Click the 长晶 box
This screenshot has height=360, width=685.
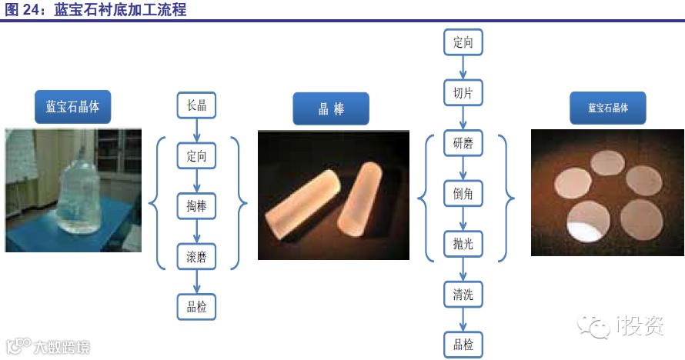coord(196,105)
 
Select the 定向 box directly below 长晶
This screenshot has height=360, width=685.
coord(196,156)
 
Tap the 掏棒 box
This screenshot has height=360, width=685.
coord(196,206)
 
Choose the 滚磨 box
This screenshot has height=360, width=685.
coord(196,256)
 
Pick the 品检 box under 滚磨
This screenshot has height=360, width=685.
coord(196,307)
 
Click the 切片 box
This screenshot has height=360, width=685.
coord(463,93)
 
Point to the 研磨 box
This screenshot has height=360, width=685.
coord(463,144)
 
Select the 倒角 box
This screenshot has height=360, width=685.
coord(463,195)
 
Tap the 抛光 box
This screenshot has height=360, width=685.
coord(463,244)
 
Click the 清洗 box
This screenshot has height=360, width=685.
coord(463,294)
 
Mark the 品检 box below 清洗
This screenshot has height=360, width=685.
coord(463,344)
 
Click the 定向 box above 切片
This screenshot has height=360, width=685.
coord(463,42)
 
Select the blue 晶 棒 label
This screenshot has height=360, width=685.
coord(331,108)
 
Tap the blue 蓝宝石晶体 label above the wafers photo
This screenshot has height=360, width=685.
coord(607,108)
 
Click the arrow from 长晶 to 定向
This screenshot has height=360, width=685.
coord(196,131)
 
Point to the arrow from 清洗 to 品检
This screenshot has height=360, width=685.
coord(463,319)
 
